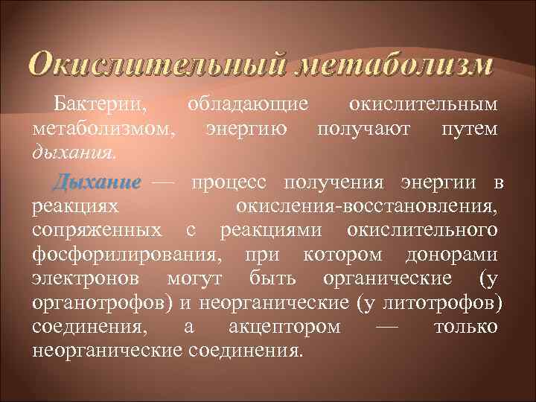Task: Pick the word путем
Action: pos(469,130)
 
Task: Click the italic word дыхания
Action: pos(74,154)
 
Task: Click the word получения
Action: pos(340,182)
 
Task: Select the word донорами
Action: pos(452,255)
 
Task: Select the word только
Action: pos(465,327)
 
